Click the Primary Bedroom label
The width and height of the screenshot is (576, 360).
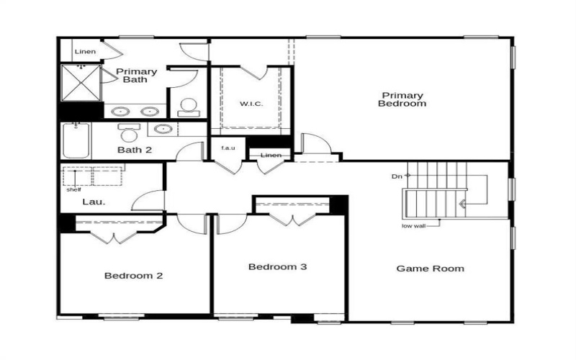tap(403, 99)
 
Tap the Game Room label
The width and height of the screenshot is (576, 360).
tap(430, 269)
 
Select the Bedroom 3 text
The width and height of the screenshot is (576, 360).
tap(278, 267)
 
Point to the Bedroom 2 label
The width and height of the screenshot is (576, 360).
tap(133, 275)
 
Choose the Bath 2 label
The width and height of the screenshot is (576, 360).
tap(135, 150)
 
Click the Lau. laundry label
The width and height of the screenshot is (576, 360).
tap(94, 202)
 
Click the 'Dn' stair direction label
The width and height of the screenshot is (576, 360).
tap(397, 175)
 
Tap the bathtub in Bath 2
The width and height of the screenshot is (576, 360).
tap(75, 141)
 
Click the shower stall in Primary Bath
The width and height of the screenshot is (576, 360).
tap(81, 82)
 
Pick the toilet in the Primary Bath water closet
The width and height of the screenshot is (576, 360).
tap(188, 107)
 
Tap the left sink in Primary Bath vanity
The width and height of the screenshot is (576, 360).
tap(120, 112)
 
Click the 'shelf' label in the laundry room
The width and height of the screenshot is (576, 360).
tap(73, 189)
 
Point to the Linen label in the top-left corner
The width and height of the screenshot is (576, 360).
tap(84, 51)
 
